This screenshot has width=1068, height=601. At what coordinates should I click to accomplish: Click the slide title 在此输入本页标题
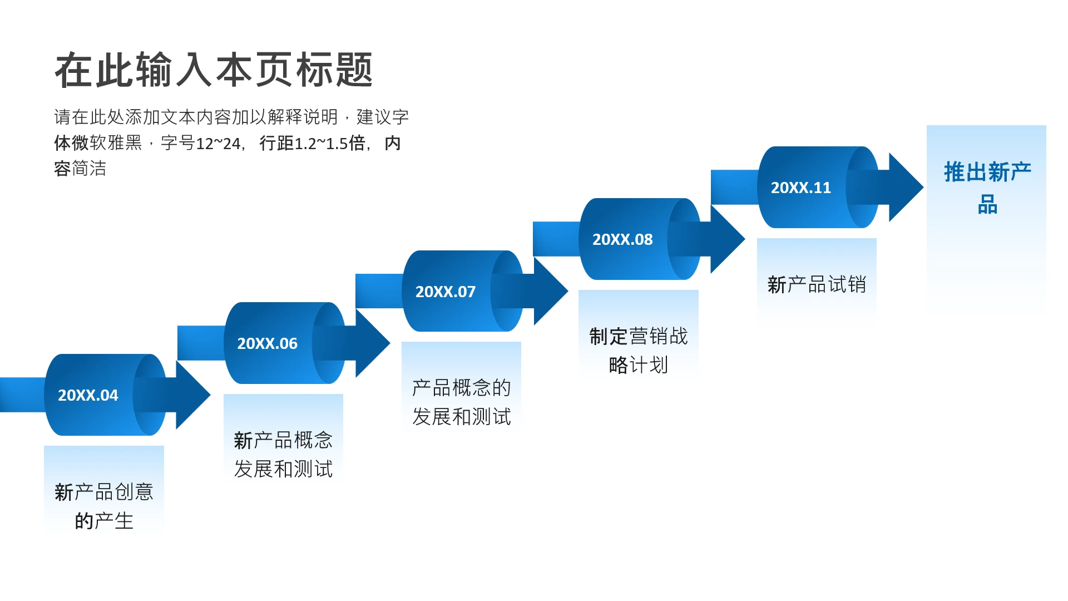[x=214, y=70]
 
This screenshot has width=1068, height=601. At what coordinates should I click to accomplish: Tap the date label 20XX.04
[x=88, y=395]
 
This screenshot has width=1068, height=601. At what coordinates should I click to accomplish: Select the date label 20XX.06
[x=267, y=343]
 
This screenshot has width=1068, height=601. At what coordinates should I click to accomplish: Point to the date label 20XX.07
[x=445, y=292]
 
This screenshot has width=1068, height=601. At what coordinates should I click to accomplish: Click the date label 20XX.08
[x=622, y=239]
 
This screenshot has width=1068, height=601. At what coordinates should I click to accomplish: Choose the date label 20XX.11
[x=800, y=188]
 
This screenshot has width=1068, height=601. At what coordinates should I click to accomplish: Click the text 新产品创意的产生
[x=104, y=506]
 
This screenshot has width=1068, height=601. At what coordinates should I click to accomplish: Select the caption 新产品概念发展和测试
[x=283, y=454]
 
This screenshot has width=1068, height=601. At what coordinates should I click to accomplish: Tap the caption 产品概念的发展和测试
[x=461, y=402]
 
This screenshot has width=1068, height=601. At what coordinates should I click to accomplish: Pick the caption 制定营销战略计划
[x=639, y=350]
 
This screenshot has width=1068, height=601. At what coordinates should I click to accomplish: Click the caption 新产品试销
[x=817, y=284]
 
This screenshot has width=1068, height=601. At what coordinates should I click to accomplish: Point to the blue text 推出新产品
[x=987, y=188]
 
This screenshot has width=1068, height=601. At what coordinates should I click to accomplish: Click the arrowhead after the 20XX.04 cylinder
[x=192, y=395]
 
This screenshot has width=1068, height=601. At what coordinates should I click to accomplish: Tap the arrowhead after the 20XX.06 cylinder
[x=372, y=343]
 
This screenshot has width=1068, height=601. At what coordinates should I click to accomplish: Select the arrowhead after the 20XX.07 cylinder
[x=550, y=291]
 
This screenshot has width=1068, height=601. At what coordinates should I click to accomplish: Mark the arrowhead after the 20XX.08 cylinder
[x=726, y=239]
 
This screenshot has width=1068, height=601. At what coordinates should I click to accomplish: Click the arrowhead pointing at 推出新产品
[x=905, y=188]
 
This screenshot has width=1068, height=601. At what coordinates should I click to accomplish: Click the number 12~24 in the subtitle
[x=218, y=144]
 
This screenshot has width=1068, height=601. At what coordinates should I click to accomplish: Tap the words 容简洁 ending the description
[x=80, y=169]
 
